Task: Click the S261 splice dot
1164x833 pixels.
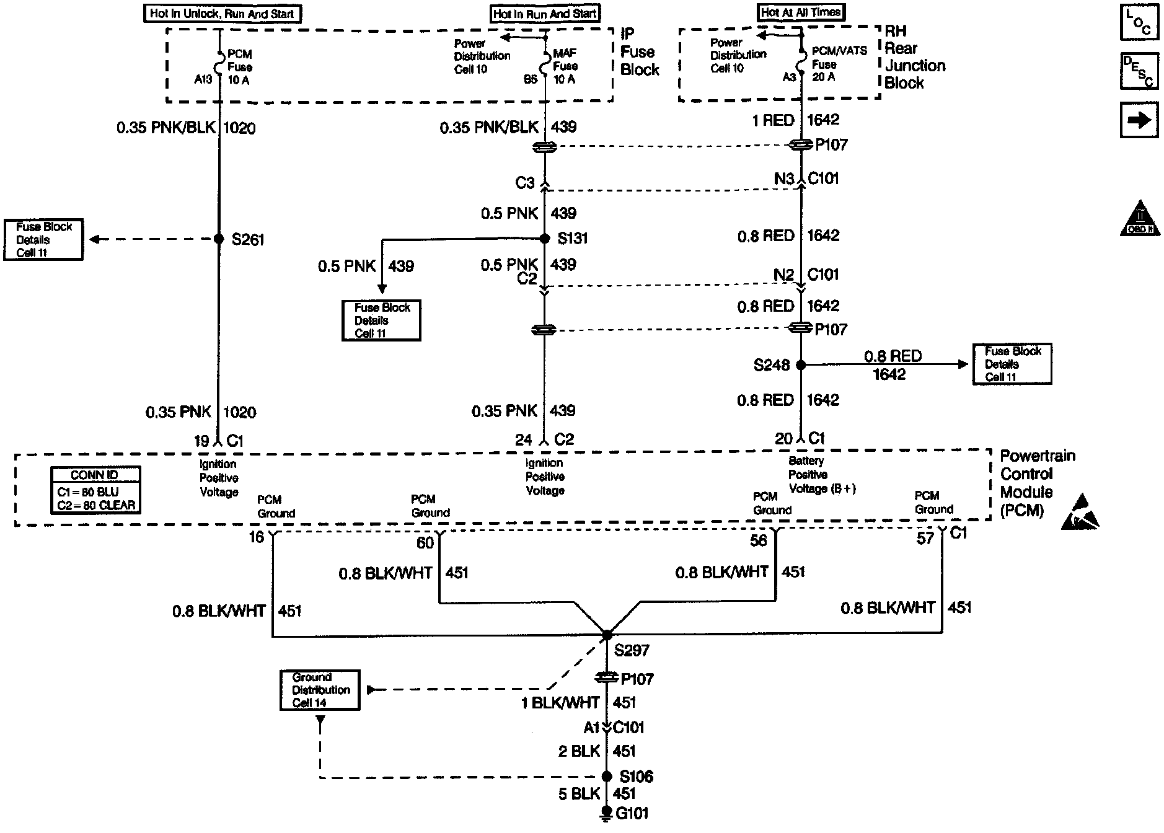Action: tap(218, 239)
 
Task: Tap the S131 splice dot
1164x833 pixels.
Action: tap(545, 239)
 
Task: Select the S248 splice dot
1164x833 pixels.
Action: tap(800, 365)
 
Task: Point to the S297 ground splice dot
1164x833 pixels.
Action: tap(607, 635)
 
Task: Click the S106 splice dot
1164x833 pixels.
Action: tap(607, 777)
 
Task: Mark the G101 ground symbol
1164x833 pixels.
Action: tap(607, 814)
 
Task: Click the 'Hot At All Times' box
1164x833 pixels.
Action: tap(801, 12)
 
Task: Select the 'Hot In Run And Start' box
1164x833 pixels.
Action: tap(545, 14)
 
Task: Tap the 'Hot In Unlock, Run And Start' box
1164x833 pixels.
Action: tap(222, 14)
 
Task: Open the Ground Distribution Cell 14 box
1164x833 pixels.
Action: tap(319, 690)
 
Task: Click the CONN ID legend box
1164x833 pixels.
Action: tap(95, 490)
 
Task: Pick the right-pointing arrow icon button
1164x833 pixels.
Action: tap(1139, 120)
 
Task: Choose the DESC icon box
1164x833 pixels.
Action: tap(1139, 71)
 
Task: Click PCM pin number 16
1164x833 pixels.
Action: tap(257, 537)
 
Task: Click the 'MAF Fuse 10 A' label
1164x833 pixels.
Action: tap(565, 66)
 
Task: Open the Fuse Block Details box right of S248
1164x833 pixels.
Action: tap(1012, 364)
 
